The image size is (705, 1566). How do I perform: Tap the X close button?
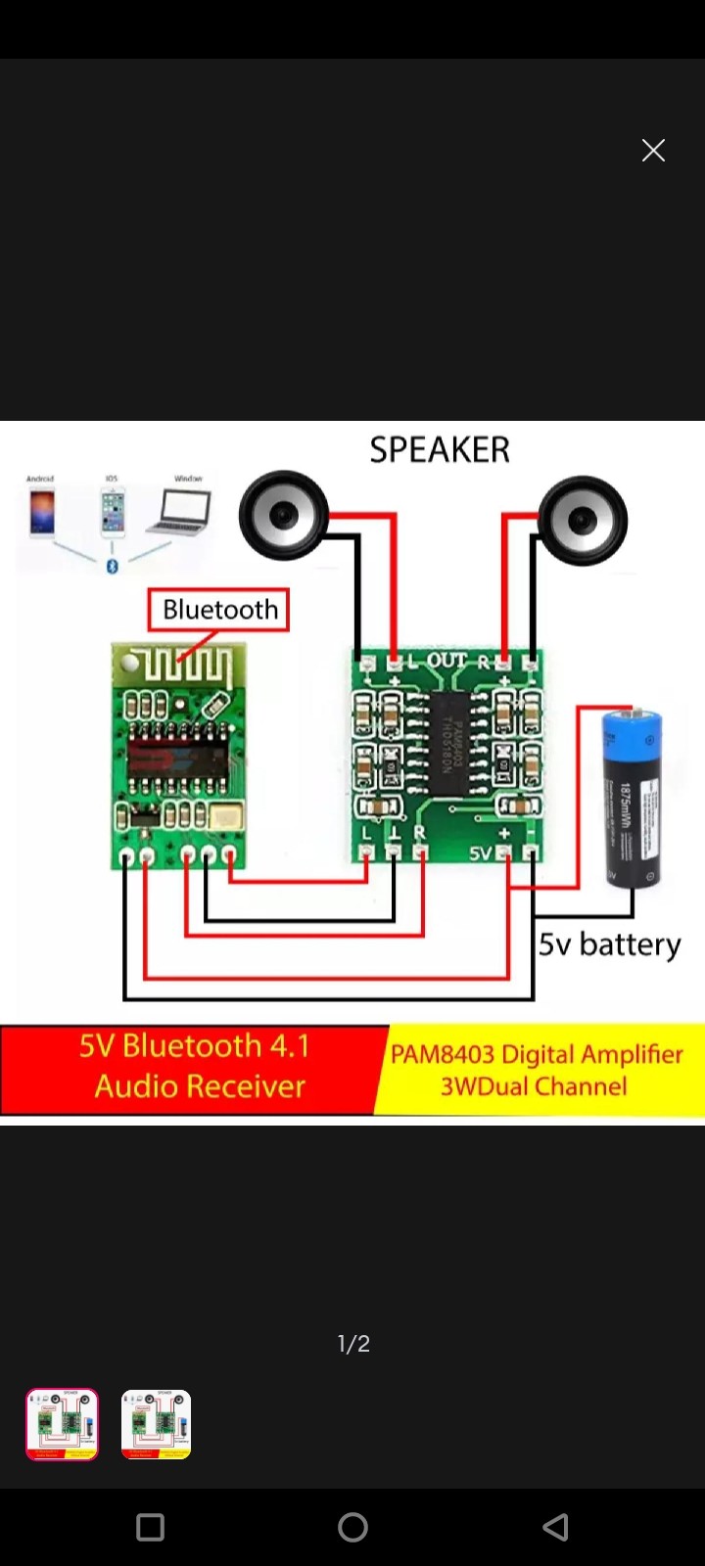[x=653, y=150]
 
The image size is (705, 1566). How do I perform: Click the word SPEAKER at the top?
[x=440, y=450]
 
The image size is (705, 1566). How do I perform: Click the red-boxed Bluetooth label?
[x=219, y=610]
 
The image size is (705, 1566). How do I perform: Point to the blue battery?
[x=632, y=798]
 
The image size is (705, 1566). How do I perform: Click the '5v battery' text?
[x=609, y=944]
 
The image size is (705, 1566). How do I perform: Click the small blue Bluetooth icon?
[x=112, y=567]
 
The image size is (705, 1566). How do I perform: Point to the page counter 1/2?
[x=353, y=1344]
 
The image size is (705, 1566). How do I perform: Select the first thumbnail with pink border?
[x=62, y=1424]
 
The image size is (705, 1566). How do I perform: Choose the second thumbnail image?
[x=157, y=1424]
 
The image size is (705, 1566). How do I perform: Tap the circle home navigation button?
[x=352, y=1527]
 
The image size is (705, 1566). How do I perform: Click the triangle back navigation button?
[x=555, y=1527]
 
